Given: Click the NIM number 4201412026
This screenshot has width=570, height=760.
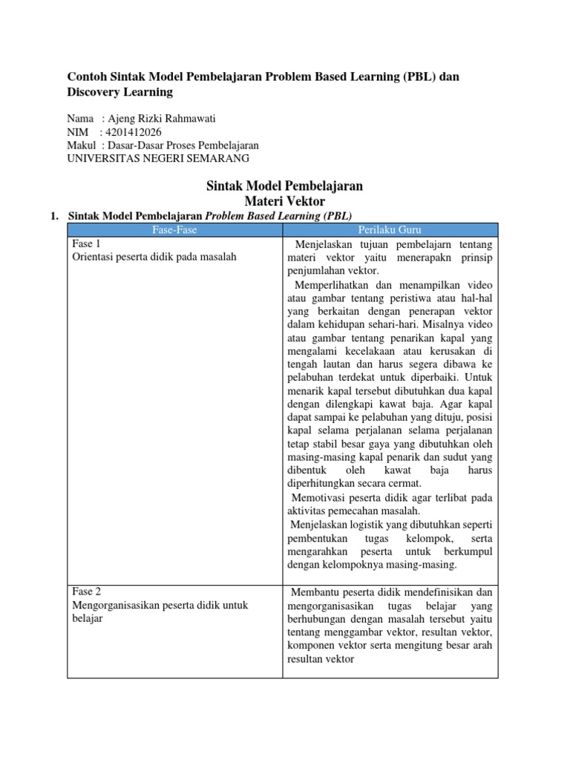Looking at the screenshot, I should pos(134,132).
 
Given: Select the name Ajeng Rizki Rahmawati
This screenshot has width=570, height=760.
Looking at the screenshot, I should pos(165,119).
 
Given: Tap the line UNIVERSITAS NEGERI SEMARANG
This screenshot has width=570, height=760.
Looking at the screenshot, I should pos(158,158).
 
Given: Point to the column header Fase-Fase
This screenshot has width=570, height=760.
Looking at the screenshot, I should pos(174,230).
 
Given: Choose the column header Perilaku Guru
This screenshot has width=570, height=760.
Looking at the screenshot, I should pos(390,230).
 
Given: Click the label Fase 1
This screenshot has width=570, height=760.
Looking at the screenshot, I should pos(85,243).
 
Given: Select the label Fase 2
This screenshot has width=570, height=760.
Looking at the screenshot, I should pos(85,592).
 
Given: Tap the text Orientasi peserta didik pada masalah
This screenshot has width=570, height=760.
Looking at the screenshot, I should pos(154,257).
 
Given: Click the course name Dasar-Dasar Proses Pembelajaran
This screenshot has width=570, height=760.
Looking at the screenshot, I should pos(190,145).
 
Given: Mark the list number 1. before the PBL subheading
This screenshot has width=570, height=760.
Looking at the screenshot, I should pos(53,216).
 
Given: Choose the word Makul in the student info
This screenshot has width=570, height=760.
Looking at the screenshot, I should pos(81,145).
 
